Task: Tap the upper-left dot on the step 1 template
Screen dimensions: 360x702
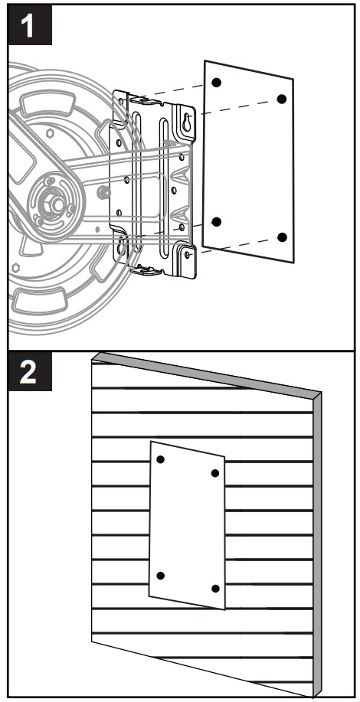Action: tap(217, 83)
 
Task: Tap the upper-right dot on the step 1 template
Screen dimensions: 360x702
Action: tap(282, 99)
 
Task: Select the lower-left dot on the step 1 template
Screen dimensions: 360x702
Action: tap(217, 221)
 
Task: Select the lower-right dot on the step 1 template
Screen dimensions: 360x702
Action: tap(282, 237)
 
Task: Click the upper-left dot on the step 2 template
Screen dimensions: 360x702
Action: tap(161, 459)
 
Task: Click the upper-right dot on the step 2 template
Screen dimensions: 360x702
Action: tap(215, 473)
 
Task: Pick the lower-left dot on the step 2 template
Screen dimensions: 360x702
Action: tap(161, 575)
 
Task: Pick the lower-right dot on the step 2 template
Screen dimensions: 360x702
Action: tap(215, 589)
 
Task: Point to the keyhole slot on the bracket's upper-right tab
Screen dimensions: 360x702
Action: tap(187, 122)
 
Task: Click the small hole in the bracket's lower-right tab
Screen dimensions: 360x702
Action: tap(187, 255)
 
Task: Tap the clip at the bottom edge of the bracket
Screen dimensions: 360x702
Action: tap(146, 270)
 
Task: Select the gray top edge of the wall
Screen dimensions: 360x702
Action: tap(207, 374)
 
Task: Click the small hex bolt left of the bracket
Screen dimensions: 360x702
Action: tap(104, 192)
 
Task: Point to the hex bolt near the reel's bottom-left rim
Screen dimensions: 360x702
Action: tap(15, 268)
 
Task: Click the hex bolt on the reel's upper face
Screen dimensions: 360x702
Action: tap(50, 133)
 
